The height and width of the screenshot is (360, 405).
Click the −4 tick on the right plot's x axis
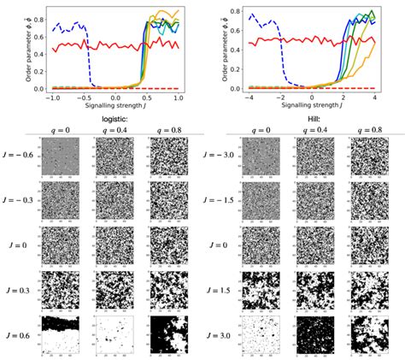click(x=247, y=97)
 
